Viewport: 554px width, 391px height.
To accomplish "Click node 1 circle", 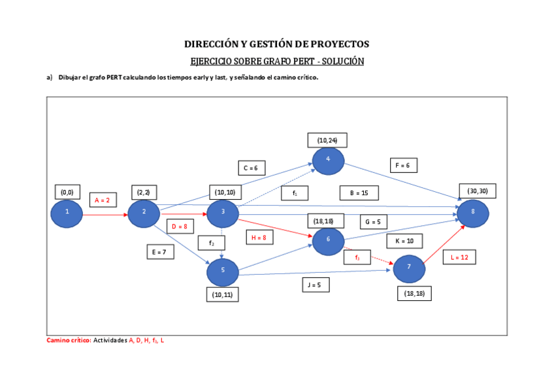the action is [x=67, y=213].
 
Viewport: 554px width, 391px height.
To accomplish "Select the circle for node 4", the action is [x=328, y=161].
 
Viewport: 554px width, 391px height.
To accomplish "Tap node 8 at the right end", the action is [x=472, y=213].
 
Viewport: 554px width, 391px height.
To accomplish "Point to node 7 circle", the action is [x=409, y=267].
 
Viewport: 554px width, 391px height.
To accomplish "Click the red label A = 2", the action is [x=102, y=200].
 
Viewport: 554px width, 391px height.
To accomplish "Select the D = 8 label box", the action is [x=180, y=227].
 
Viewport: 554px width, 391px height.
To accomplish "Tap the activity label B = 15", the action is [x=359, y=193].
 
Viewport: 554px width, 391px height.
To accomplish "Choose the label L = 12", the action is [x=459, y=257].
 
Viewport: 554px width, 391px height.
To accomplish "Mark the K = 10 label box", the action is [x=404, y=241].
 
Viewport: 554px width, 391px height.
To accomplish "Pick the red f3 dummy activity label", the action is [x=357, y=258].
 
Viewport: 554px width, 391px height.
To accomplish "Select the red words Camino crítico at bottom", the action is [x=68, y=341].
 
